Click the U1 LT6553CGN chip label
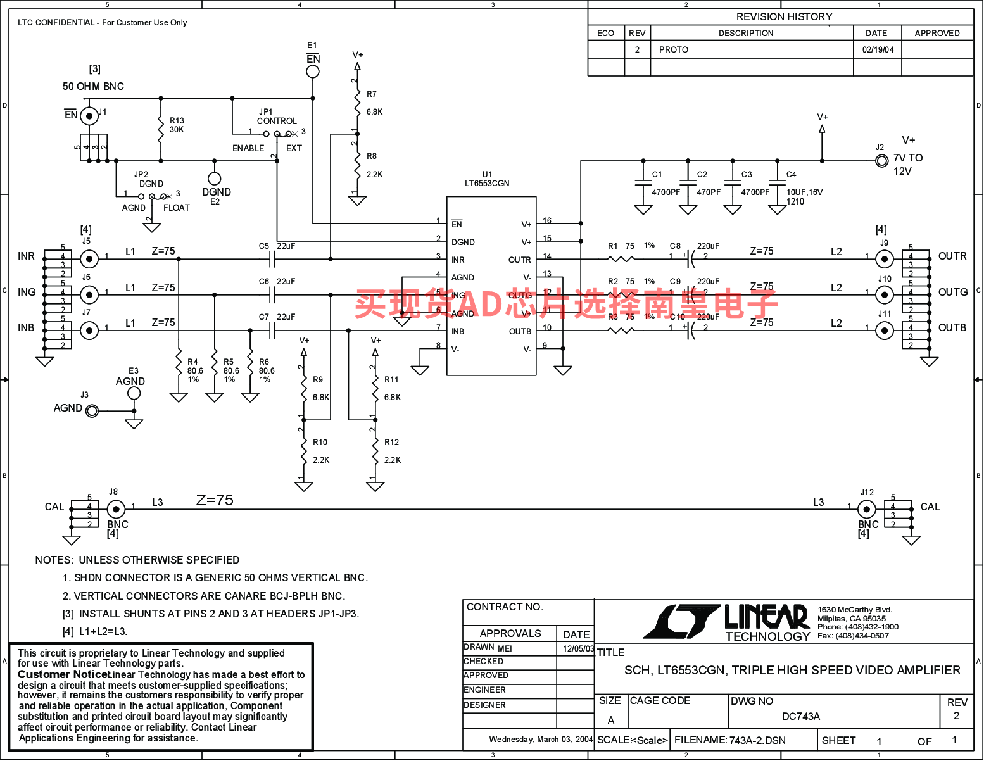coord(487,179)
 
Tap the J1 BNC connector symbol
coord(89,116)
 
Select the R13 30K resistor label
coord(177,125)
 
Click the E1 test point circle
coord(313,72)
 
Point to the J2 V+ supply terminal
coord(881,161)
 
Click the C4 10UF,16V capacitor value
coord(804,192)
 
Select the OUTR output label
coord(952,256)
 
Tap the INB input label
coord(26,328)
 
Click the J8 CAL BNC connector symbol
coord(115,509)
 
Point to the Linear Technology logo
coord(727,622)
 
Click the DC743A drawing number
coord(800,716)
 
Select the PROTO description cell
coord(674,49)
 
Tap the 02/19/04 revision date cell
coord(878,49)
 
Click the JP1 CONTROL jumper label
coord(276,117)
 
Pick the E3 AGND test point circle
coord(134,393)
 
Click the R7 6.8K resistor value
coord(374,112)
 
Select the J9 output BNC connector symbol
coord(885,259)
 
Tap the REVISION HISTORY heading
coord(784,17)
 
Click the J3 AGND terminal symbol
coord(92,412)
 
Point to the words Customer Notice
coord(63,675)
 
